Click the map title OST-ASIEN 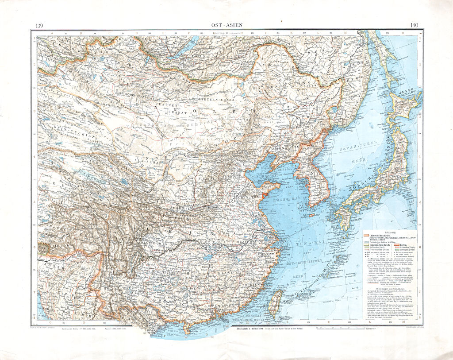[226, 26]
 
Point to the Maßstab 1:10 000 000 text [252, 329]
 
